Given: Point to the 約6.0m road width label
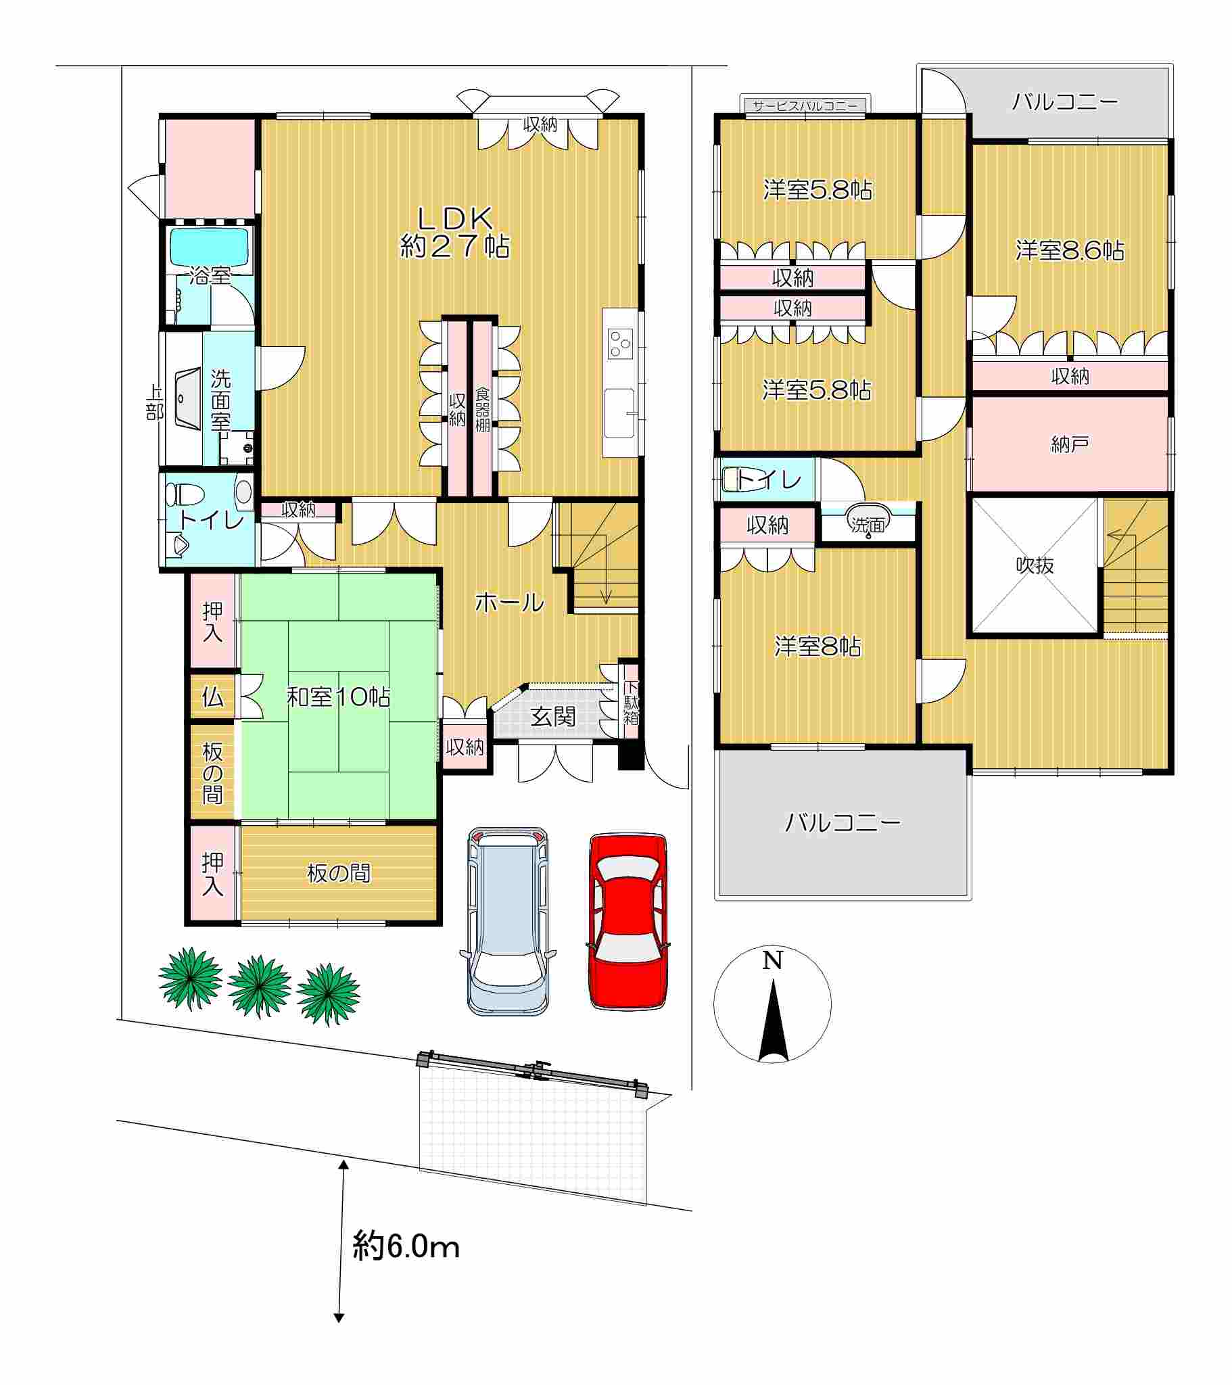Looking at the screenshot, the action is click(x=406, y=1246).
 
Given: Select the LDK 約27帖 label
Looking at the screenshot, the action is click(x=454, y=232).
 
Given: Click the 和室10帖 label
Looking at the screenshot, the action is click(x=338, y=697).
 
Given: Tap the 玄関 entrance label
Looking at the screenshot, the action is click(x=553, y=717).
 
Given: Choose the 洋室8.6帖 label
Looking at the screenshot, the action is click(x=1070, y=251).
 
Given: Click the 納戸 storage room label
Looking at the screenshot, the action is click(x=1070, y=444).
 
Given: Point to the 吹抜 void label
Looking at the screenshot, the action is click(x=1035, y=565).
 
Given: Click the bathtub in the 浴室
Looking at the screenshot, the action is click(x=209, y=247).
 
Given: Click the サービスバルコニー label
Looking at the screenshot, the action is click(x=805, y=105).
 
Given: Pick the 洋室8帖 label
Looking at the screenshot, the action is click(x=818, y=647).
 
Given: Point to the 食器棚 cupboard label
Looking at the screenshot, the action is click(x=482, y=409).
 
